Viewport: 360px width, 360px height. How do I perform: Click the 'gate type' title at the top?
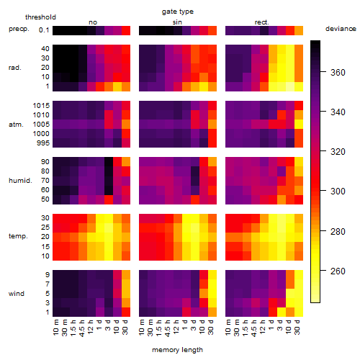click(178, 12)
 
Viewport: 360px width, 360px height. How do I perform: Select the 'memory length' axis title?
click(177, 350)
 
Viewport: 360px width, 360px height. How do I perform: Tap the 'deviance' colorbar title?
click(341, 29)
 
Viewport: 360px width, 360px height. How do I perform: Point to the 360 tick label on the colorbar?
click(338, 72)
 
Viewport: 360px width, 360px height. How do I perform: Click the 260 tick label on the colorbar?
click(338, 271)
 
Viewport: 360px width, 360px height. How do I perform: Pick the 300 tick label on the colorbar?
click(338, 192)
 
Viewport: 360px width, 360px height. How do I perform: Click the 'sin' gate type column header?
click(177, 22)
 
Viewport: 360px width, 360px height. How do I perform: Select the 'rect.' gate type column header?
click(261, 22)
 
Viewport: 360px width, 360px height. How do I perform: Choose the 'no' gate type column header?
click(93, 22)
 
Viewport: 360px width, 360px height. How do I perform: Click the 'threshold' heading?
click(40, 17)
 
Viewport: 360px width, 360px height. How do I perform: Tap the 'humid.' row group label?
click(20, 181)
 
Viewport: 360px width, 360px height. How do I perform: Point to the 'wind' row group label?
click(17, 294)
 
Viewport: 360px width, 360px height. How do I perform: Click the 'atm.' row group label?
click(16, 125)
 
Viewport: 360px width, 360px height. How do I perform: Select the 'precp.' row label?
click(19, 29)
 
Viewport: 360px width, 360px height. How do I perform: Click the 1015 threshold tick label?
click(41, 105)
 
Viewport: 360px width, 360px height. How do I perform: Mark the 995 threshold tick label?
click(43, 143)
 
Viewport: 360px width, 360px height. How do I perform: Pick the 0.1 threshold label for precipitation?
click(44, 30)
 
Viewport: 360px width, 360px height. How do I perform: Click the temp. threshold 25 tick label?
click(45, 227)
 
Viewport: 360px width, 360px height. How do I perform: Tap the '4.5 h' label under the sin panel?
click(167, 328)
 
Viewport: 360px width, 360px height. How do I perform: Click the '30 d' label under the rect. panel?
click(297, 327)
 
